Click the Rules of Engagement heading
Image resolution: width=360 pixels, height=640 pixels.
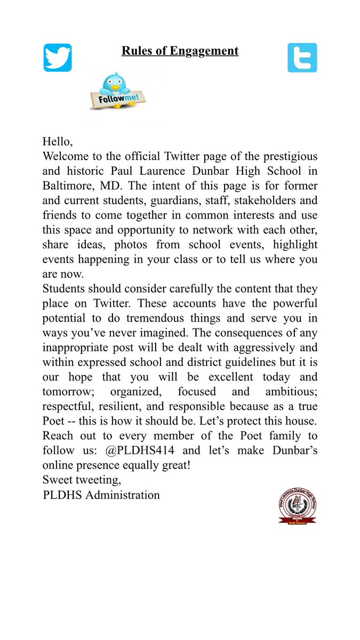coord(180,51)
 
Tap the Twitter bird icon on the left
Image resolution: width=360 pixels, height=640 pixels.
coord(58,58)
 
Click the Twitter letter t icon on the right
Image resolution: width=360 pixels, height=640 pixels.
coord(302,58)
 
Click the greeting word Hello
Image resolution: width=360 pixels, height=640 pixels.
coord(57,142)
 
